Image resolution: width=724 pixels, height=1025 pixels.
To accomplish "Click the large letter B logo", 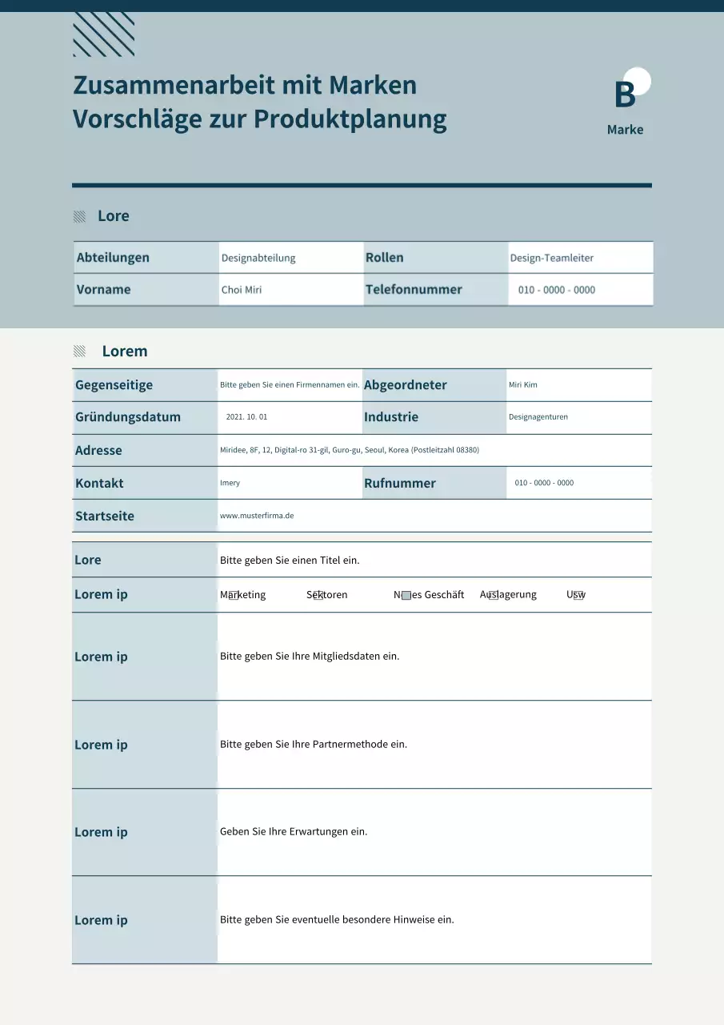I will [x=625, y=94].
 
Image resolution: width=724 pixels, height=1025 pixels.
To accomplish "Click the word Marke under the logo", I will [x=625, y=130].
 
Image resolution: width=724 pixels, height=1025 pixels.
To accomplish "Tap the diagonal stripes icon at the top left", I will [x=103, y=34].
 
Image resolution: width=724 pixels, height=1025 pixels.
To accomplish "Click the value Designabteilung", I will [x=258, y=258].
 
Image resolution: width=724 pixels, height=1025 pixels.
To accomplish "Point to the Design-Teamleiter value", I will [x=551, y=258].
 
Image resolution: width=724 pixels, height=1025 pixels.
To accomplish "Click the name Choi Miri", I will [x=242, y=290].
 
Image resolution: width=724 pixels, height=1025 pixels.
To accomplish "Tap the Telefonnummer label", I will [x=414, y=290].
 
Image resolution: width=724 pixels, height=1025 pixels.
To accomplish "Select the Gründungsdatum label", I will [x=128, y=417].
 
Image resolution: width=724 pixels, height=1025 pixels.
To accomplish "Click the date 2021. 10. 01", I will [x=246, y=417].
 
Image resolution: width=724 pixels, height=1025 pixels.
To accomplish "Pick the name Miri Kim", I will [x=523, y=385].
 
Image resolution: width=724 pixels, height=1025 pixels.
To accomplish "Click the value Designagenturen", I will [x=538, y=417].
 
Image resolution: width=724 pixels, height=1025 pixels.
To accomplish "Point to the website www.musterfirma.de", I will [x=257, y=516].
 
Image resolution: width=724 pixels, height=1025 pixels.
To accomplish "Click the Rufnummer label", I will [x=400, y=483].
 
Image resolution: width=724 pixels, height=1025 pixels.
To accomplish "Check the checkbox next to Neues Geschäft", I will [x=406, y=595].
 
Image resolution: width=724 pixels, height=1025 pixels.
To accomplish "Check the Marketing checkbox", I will [x=233, y=595].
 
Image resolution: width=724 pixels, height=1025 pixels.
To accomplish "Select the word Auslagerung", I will [x=508, y=595].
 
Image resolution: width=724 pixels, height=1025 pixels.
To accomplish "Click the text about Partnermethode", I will [x=314, y=745].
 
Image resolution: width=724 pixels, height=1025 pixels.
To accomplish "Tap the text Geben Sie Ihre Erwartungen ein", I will [x=294, y=832].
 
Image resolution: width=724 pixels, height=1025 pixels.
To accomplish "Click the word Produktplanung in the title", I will [x=350, y=119].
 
